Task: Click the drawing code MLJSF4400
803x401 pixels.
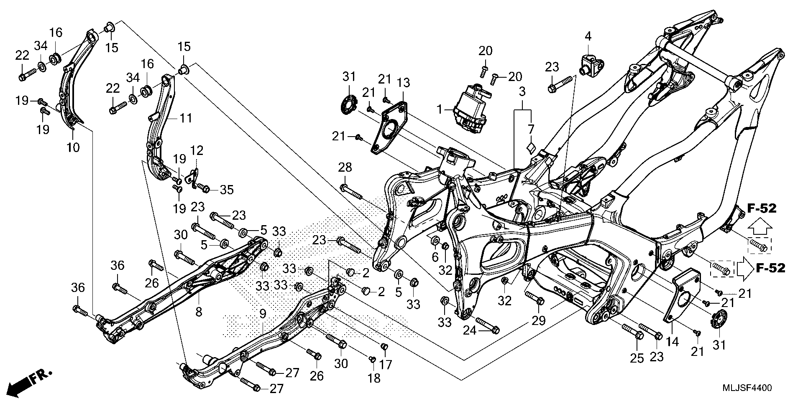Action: [747, 388]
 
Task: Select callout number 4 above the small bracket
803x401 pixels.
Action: [588, 36]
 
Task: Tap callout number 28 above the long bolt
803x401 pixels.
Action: [345, 168]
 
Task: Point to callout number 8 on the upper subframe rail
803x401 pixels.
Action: [199, 312]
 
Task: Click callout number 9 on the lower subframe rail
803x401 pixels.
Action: [263, 315]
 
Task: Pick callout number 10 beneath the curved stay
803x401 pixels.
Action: [73, 147]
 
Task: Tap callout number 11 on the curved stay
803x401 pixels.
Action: [186, 119]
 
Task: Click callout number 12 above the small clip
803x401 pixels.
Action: [197, 150]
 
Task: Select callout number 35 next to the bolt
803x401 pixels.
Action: [226, 190]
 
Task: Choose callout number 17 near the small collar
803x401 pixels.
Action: [386, 365]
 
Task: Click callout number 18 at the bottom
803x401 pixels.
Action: [374, 378]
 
